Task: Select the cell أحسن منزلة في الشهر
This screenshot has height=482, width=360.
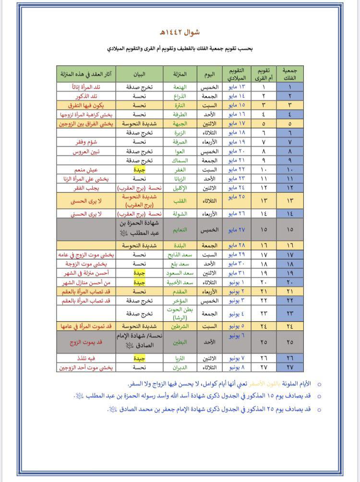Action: (x=87, y=273)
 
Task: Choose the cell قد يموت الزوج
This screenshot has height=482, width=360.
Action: (x=87, y=343)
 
